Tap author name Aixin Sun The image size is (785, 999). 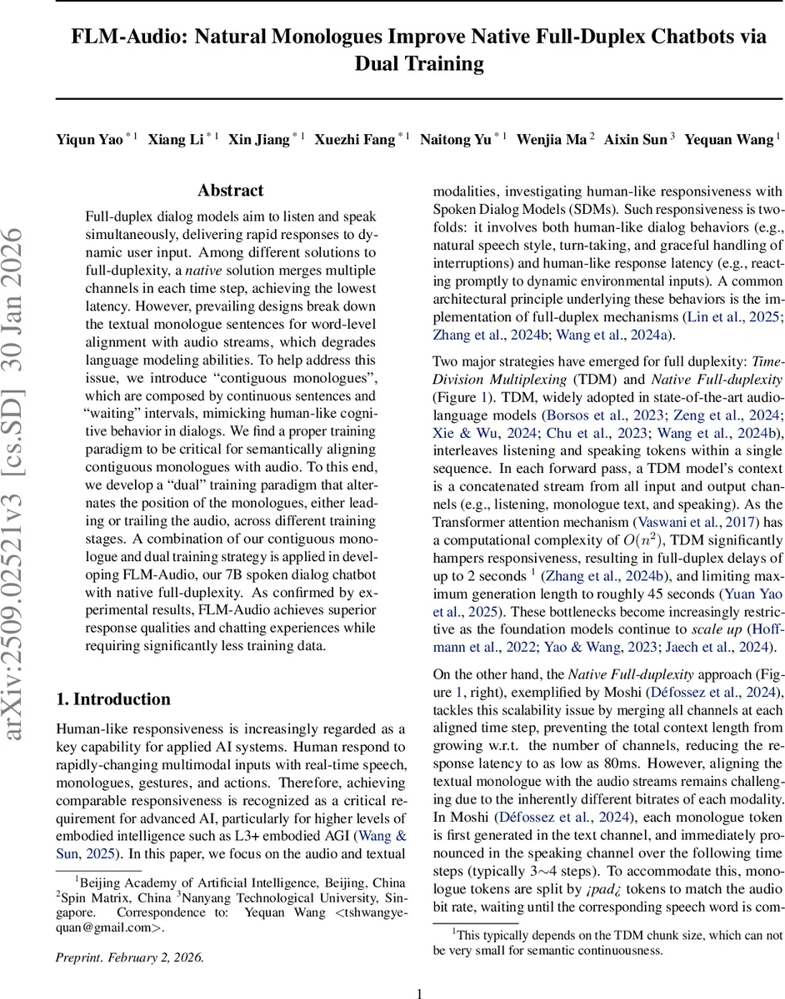coord(635,140)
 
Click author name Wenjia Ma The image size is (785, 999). coord(552,140)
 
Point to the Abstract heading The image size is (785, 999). coord(230,191)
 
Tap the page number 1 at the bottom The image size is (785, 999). coord(419,992)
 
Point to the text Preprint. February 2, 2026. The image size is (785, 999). coord(130,957)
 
